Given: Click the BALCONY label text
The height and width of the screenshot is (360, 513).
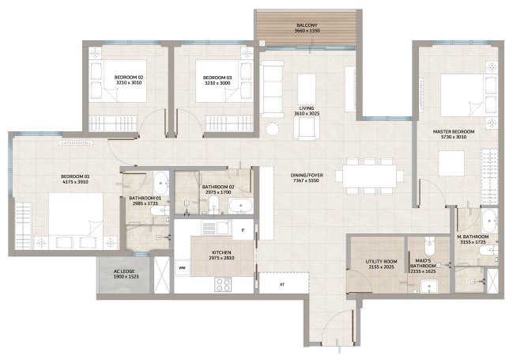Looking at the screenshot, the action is [307, 25].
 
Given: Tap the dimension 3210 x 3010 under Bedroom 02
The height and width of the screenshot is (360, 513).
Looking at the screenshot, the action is [129, 83].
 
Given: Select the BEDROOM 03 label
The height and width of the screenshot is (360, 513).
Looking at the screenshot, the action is [217, 78].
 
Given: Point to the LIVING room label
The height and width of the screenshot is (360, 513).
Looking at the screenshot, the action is [307, 108].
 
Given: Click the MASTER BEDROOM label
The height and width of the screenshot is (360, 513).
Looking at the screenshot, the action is [454, 131].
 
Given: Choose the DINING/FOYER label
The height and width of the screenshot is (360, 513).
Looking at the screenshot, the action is [307, 175].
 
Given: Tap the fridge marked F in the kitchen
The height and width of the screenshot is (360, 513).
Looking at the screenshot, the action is [243, 230].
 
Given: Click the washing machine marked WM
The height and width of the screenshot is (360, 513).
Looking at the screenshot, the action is [182, 267].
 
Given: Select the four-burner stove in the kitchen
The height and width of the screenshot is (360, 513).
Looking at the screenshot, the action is [223, 284].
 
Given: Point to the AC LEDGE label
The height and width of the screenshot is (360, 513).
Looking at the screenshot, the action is [124, 271].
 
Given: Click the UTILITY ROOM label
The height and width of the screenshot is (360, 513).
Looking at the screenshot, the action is [381, 262].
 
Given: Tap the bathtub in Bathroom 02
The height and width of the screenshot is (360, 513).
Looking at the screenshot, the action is [241, 206].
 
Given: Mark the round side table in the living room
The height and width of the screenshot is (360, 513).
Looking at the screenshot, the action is [272, 129].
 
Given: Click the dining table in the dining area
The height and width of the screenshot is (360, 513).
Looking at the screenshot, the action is [370, 176].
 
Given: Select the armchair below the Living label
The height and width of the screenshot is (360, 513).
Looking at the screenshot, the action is [307, 127].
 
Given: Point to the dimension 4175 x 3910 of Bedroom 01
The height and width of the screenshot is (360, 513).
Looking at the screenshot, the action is [75, 182].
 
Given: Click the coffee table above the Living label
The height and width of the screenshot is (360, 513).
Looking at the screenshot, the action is [307, 89].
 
